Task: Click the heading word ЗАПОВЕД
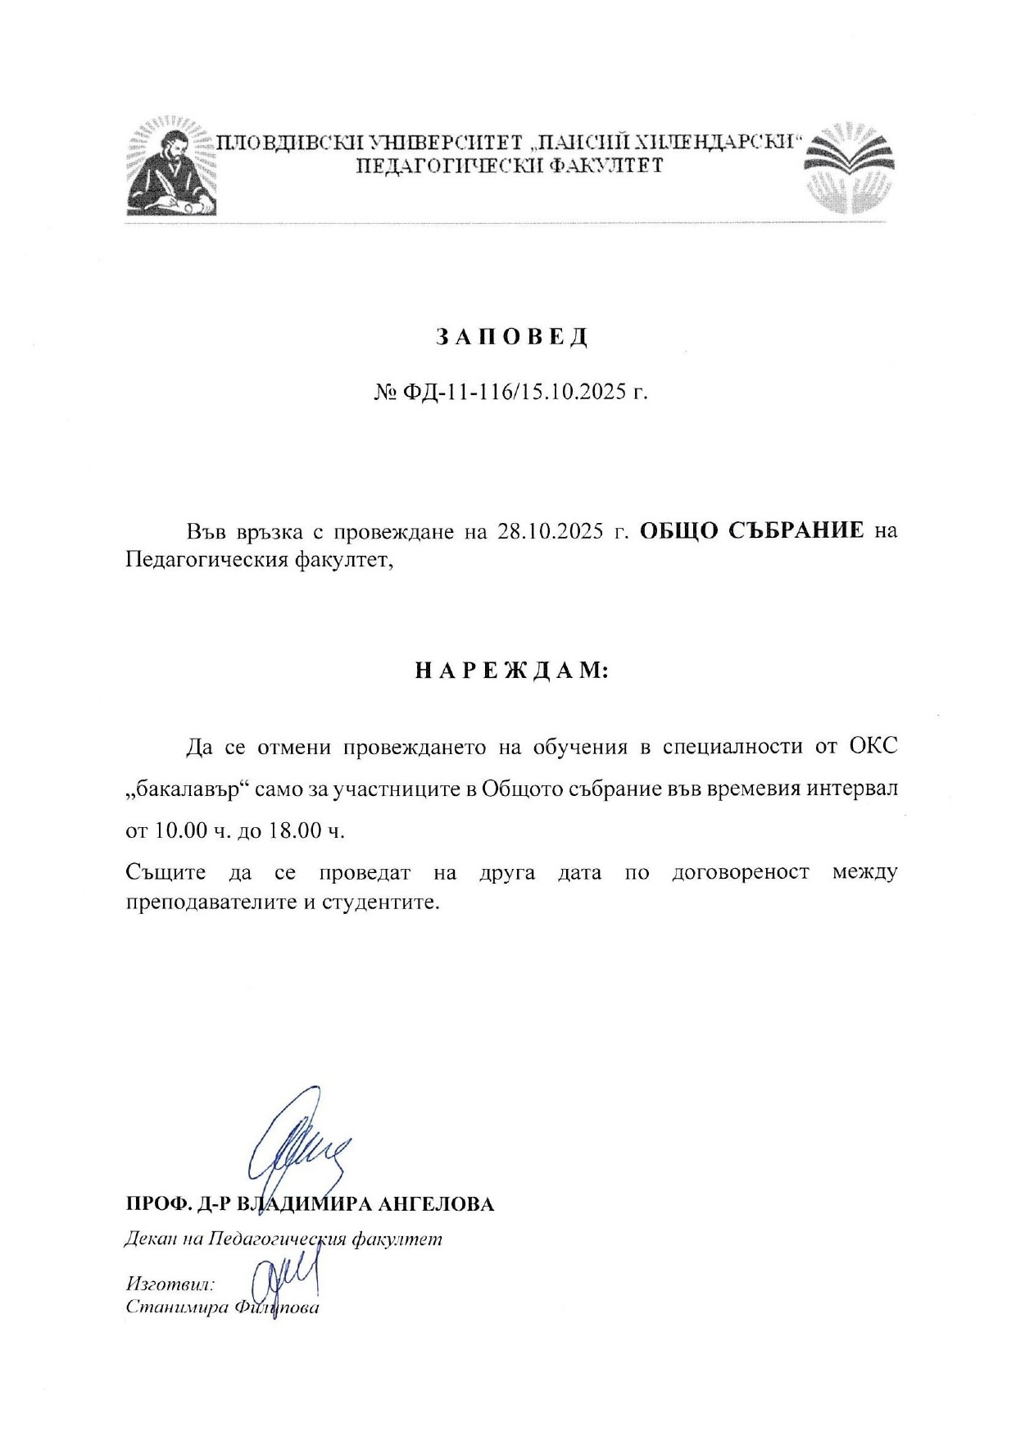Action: [511, 338]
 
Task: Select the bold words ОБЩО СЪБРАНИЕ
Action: [751, 530]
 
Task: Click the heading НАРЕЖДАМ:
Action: [511, 671]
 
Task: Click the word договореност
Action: [740, 872]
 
